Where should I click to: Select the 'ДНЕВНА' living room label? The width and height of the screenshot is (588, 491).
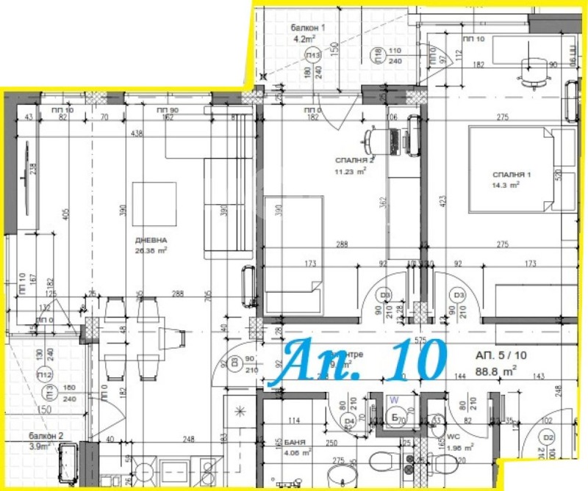[150, 240]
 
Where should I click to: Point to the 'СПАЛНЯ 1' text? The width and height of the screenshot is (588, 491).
[512, 175]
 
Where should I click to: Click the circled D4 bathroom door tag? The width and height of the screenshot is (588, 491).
[349, 421]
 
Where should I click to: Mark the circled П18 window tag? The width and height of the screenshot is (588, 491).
[377, 56]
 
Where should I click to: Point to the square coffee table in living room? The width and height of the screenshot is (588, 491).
[154, 203]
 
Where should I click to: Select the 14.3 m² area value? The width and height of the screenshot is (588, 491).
[506, 186]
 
